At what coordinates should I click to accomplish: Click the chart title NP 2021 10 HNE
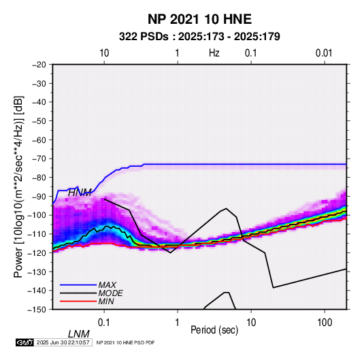[199, 19]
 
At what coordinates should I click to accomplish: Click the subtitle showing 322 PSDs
[199, 37]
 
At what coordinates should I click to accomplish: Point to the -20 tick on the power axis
[39, 65]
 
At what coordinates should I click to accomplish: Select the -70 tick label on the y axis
[39, 159]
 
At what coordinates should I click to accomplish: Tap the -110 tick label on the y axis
[37, 234]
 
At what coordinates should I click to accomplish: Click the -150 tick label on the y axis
[37, 310]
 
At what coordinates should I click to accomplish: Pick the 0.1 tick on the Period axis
[104, 323]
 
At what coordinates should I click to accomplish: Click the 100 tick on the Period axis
[325, 323]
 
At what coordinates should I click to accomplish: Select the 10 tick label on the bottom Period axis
[251, 323]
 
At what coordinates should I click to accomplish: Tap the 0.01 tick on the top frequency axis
[324, 53]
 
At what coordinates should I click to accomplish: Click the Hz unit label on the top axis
[214, 53]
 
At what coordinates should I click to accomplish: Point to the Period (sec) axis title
[214, 330]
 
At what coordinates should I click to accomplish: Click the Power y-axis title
[18, 187]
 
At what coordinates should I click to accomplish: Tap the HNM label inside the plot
[80, 193]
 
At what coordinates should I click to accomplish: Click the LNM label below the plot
[79, 334]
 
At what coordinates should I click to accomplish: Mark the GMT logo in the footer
[25, 342]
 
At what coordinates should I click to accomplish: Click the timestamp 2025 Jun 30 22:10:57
[63, 342]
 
